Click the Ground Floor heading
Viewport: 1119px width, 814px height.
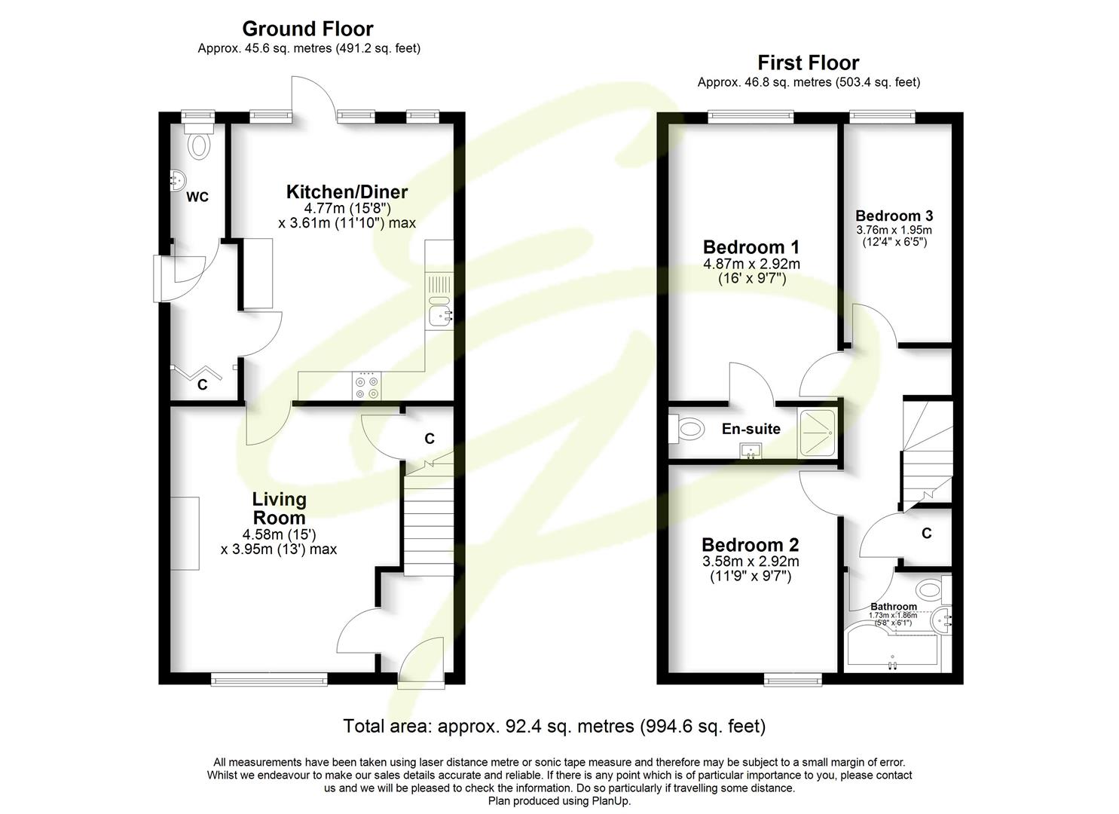pyautogui.click(x=307, y=29)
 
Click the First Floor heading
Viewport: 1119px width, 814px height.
pyautogui.click(x=808, y=63)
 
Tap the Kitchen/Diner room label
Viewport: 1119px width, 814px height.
pyautogui.click(x=347, y=191)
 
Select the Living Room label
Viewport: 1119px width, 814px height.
pyautogui.click(x=279, y=508)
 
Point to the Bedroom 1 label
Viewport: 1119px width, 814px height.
pyautogui.click(x=751, y=247)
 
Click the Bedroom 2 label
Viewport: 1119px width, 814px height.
pyautogui.click(x=750, y=545)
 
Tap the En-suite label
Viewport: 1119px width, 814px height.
pyautogui.click(x=751, y=429)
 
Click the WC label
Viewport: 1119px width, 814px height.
pyautogui.click(x=197, y=197)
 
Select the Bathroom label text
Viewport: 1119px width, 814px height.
pyautogui.click(x=894, y=607)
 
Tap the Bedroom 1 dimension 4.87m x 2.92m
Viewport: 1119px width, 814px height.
pyautogui.click(x=751, y=264)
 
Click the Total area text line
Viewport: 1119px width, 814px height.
pyautogui.click(x=554, y=727)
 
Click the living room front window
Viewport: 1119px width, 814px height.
pyautogui.click(x=269, y=680)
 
